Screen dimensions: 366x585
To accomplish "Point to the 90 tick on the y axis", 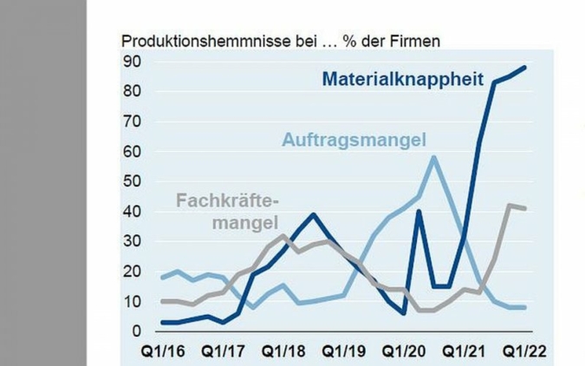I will click(131, 62).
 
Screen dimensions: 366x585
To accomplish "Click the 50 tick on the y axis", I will click(131, 181).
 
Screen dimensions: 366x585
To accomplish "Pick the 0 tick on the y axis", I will click(135, 331).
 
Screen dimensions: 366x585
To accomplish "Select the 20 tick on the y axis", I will click(131, 271).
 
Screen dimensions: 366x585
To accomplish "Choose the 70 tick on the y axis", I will click(131, 121).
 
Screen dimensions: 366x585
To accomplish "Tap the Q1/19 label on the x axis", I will click(342, 352).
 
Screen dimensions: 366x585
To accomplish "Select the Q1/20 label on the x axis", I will click(404, 352).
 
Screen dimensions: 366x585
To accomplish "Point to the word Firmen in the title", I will click(418, 41).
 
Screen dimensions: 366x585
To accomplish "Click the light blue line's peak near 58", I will click(433, 157).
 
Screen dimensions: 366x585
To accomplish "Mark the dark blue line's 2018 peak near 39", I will click(314, 214).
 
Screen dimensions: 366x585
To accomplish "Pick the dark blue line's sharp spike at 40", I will click(419, 211).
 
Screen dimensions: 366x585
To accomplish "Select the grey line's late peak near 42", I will click(510, 206).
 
